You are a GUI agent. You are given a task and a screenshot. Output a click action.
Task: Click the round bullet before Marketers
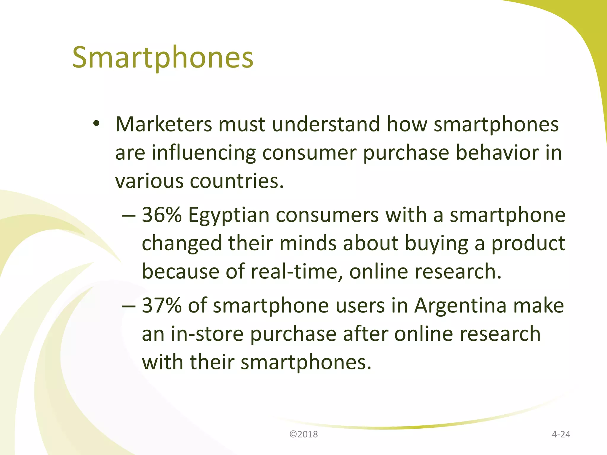[96, 124]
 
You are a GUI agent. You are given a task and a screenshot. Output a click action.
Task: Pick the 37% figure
[162, 305]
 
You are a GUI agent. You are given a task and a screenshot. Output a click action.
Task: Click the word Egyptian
[229, 215]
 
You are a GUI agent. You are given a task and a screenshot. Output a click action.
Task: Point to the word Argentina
[460, 305]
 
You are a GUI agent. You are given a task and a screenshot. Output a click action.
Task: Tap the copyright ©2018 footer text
[303, 434]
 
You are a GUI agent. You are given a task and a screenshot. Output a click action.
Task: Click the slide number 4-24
[561, 434]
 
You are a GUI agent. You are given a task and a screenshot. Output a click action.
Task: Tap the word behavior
[497, 153]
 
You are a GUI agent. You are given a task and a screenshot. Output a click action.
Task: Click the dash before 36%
[129, 216]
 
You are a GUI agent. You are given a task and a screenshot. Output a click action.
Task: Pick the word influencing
[204, 153]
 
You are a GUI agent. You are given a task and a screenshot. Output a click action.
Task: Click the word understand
[326, 124]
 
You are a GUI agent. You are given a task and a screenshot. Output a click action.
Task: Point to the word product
[528, 244]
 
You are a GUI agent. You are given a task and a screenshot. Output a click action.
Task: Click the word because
[180, 272]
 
